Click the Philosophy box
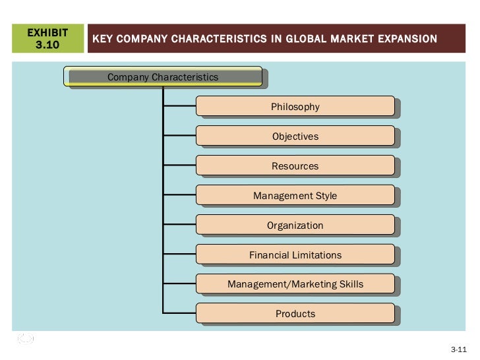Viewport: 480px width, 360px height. pos(295,106)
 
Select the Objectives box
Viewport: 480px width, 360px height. pos(295,136)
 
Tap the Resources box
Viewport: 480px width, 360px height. pos(295,166)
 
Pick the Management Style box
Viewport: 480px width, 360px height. pos(295,196)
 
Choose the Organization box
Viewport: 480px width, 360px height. pos(295,225)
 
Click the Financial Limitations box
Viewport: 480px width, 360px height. pos(295,255)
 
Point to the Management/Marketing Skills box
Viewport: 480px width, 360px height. pos(295,284)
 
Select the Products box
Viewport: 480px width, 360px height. pos(295,314)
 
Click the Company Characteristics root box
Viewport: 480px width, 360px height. pos(163,77)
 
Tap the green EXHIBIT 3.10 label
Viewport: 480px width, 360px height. pos(47,38)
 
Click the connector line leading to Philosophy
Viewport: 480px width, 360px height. pos(179,106)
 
